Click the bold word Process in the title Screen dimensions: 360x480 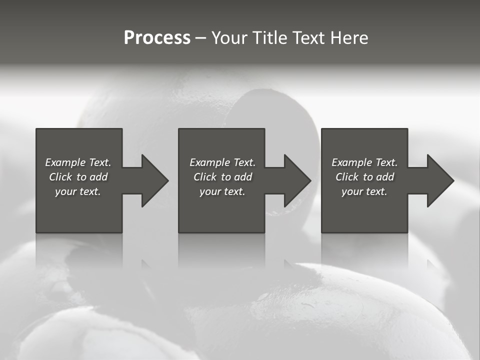157,38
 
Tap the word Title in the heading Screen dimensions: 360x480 269,38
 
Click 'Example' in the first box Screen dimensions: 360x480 65,162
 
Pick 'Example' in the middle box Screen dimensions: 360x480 209,162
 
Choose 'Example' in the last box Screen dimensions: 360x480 351,162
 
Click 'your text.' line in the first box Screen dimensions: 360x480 78,191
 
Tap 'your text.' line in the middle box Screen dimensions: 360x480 222,191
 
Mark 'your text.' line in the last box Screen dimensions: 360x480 364,191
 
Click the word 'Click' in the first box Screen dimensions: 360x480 61,177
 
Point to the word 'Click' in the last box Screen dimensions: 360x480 347,177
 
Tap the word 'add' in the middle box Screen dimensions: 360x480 243,177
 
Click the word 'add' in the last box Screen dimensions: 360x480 385,177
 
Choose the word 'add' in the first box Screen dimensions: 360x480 98,177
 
